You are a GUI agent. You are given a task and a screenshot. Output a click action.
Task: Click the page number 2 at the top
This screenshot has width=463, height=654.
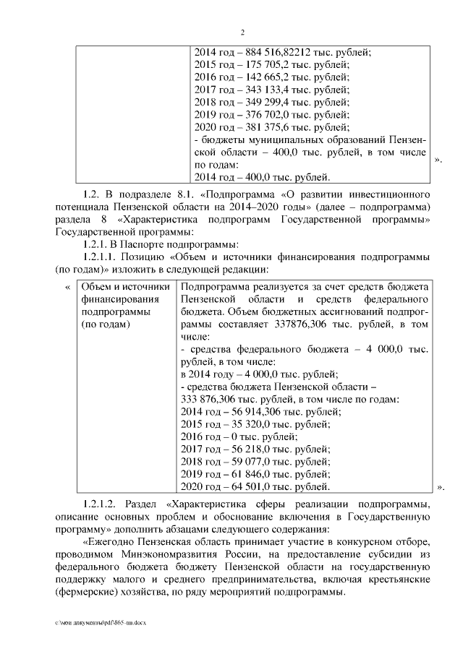tap(243, 32)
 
